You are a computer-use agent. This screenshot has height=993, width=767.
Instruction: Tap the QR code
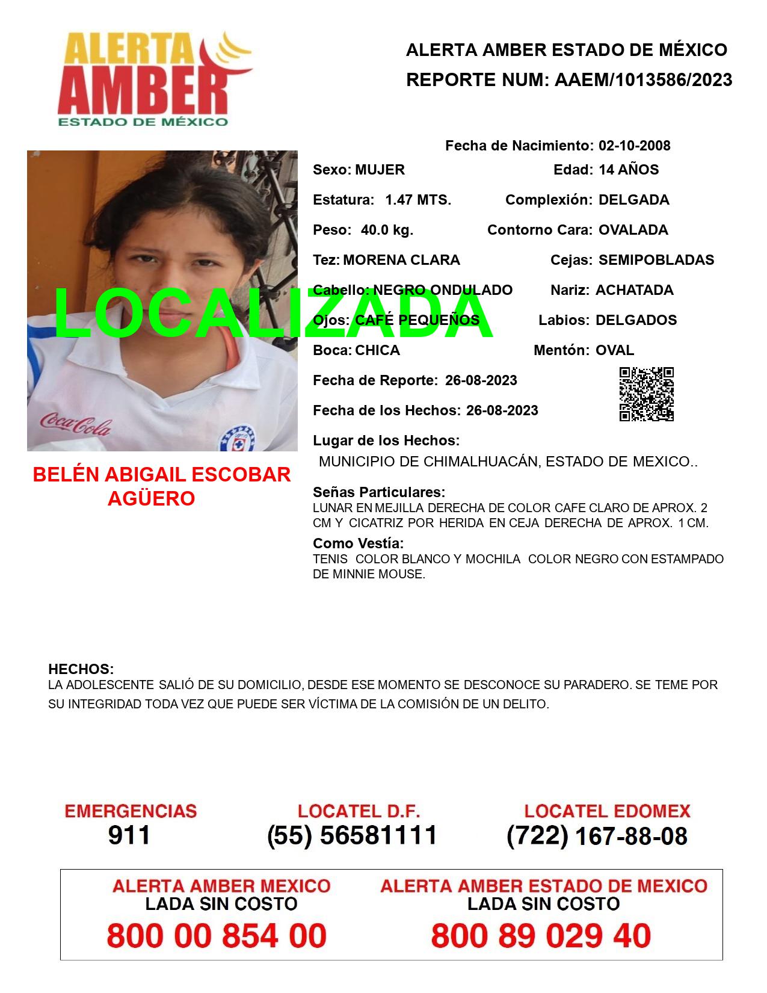click(647, 394)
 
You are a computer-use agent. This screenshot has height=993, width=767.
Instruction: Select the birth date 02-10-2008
click(634, 146)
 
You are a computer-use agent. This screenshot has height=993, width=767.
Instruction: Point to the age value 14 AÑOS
click(629, 170)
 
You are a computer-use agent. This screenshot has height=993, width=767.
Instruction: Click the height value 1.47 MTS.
click(418, 200)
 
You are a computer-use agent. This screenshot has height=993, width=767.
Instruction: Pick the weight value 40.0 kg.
click(387, 230)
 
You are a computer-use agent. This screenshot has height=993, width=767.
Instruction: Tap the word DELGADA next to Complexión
click(633, 200)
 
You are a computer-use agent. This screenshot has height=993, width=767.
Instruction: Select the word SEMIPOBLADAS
click(656, 260)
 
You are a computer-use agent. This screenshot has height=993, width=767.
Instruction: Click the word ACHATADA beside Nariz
click(634, 290)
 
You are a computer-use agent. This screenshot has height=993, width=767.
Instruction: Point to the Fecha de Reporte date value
click(481, 380)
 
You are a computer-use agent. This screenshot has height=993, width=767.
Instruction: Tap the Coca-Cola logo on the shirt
click(75, 424)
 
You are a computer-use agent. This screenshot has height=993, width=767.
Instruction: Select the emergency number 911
click(129, 835)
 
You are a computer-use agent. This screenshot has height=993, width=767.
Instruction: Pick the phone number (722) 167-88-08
click(597, 836)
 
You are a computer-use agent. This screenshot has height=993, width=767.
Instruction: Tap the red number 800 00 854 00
click(217, 936)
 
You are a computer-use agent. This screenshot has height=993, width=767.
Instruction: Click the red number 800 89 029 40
click(541, 936)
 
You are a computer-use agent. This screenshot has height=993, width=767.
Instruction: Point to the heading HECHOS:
click(81, 669)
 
